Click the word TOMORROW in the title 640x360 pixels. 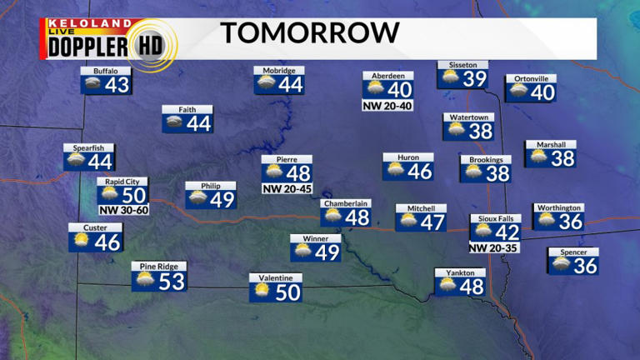tap(310, 33)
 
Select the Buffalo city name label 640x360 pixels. tap(100, 72)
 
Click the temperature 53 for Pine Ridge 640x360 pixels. tap(171, 281)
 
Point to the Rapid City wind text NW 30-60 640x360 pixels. tap(122, 209)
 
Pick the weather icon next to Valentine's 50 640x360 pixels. tap(262, 291)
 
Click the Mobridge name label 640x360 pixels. tap(279, 71)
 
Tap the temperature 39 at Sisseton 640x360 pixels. tap(474, 78)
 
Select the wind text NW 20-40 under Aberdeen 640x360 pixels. tap(388, 106)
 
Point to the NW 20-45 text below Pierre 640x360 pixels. tap(287, 189)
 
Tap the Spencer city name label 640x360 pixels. tap(573, 252)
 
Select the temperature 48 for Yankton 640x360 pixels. tap(471, 287)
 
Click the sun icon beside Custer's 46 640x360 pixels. tap(82, 242)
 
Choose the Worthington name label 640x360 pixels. tap(558, 207)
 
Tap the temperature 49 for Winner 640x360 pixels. tap(327, 252)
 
